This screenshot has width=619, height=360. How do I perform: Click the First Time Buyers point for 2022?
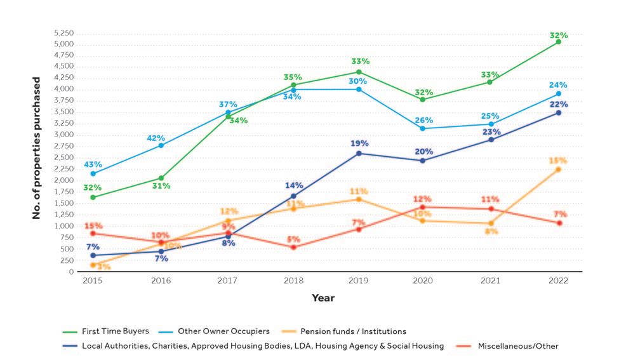[x=559, y=42]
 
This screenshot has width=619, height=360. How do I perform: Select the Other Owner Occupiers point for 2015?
[x=93, y=173]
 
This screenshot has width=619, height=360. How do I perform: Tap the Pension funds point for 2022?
[x=559, y=170]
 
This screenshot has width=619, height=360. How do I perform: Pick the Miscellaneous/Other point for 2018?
[x=293, y=247]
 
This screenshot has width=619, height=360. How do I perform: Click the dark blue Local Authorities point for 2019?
[x=359, y=153]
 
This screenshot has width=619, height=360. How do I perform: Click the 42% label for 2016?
[x=156, y=138]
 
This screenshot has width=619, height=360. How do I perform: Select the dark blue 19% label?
[x=359, y=143]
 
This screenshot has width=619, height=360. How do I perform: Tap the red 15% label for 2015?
[x=93, y=225]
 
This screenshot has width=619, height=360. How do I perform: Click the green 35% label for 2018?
[x=293, y=77]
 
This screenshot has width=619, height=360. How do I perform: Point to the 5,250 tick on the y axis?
[x=64, y=33]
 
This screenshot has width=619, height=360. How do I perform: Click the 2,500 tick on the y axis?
[x=64, y=157]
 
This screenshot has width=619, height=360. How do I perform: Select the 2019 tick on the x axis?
[x=359, y=279]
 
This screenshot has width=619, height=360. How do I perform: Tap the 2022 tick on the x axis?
[x=559, y=279]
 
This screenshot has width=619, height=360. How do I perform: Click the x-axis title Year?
[x=323, y=297]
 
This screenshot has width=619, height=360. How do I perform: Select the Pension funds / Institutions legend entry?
[x=353, y=331]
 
